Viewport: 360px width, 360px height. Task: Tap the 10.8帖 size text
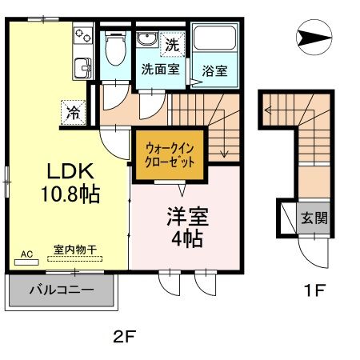(71, 194)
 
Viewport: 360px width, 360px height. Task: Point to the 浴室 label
(214, 70)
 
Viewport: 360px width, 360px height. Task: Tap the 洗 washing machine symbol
(173, 46)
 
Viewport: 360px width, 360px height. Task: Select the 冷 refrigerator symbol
(73, 112)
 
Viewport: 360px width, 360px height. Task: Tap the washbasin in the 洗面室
(147, 42)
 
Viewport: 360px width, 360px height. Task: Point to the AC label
(26, 254)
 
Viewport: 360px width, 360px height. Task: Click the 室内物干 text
(74, 250)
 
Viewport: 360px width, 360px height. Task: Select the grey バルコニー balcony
(62, 290)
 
